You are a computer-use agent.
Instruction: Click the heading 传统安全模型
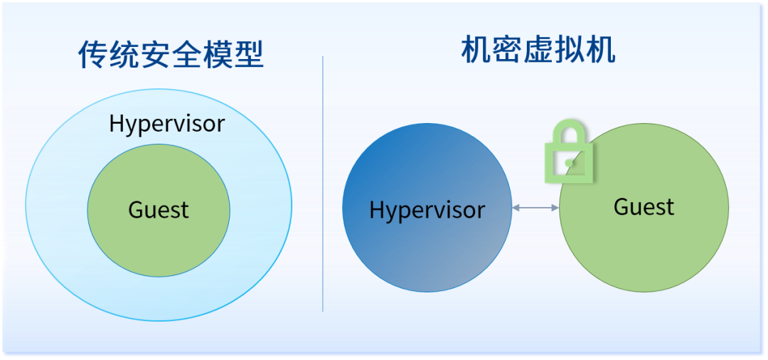[x=171, y=55]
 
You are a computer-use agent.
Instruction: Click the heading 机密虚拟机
[x=538, y=50]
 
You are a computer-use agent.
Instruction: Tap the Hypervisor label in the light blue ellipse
[x=166, y=124]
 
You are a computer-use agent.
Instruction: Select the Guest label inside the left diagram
[x=158, y=210]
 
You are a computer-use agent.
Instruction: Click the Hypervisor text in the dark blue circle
[x=427, y=210]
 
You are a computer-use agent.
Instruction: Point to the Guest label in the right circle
[x=644, y=207]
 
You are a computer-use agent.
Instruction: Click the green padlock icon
[x=568, y=152]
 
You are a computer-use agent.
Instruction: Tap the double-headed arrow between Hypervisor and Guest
[x=535, y=208]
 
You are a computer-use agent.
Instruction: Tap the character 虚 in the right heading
[x=538, y=50]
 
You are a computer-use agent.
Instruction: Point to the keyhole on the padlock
[x=569, y=162]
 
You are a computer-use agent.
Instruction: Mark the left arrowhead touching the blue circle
[x=516, y=208]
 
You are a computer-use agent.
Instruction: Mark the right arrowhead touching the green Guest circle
[x=555, y=208]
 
